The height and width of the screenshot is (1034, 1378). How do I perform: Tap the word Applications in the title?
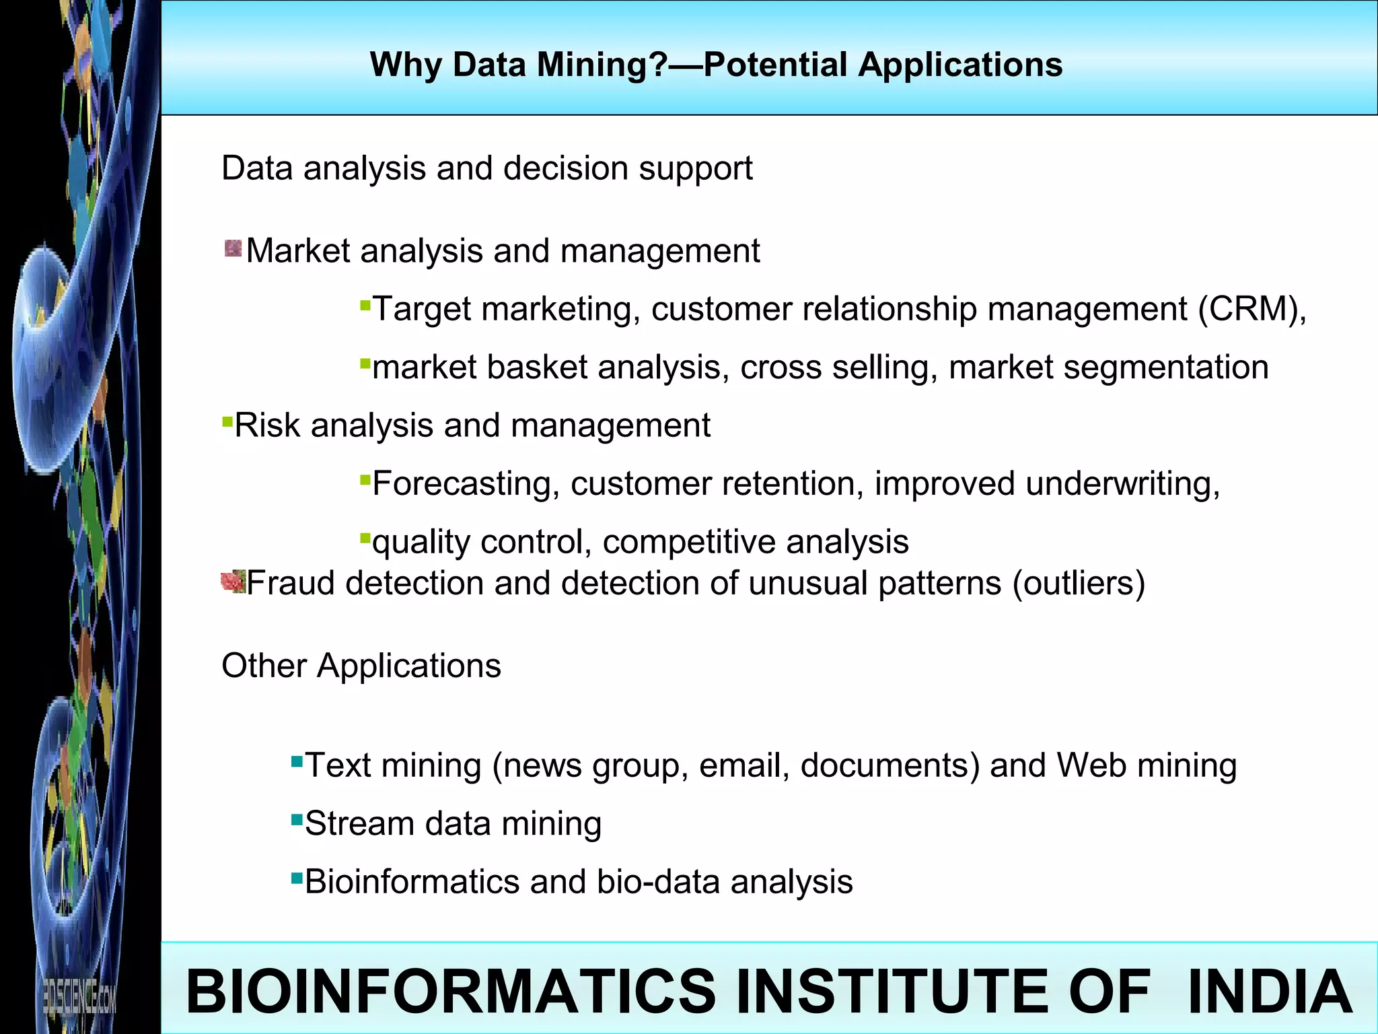960,66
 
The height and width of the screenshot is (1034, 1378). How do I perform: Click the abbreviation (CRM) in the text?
1250,310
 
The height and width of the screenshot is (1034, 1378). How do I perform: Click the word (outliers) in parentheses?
1079,583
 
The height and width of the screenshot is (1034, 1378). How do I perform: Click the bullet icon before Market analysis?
233,249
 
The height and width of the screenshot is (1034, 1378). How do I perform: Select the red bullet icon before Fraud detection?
233,581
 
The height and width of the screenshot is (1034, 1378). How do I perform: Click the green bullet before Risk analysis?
227,421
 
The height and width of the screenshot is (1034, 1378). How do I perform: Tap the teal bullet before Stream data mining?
297,819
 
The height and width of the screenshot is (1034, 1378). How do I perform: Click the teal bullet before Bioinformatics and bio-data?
297,878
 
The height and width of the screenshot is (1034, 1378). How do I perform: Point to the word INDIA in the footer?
1269,992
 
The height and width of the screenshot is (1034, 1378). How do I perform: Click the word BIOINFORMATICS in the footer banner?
451,992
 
